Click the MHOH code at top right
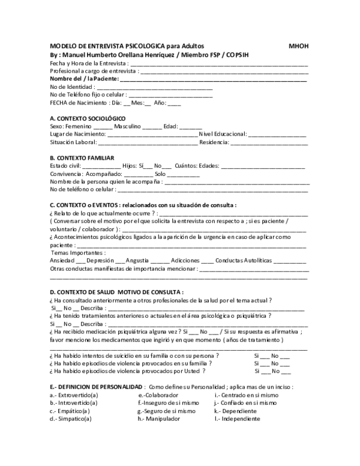(299, 46)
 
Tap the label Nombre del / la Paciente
(84, 78)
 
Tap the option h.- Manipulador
(158, 419)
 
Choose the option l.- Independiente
(238, 419)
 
